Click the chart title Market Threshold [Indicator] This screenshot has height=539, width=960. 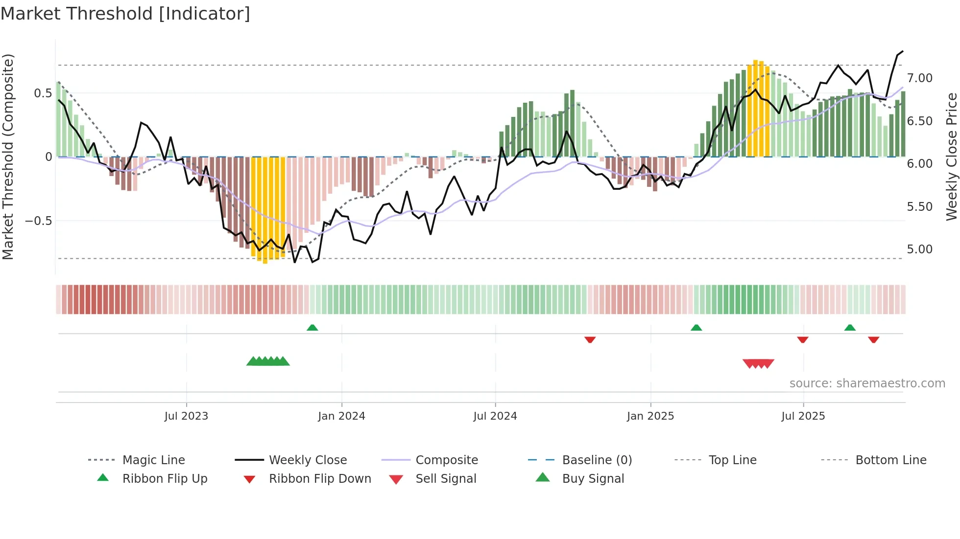pos(125,14)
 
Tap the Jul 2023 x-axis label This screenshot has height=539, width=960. pos(186,416)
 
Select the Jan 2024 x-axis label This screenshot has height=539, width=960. pos(341,416)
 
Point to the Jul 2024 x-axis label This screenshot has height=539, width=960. pos(495,416)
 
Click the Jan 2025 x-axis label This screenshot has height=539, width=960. pos(650,416)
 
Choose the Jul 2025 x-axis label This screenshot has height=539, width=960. pos(803,416)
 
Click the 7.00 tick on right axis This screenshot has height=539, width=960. pos(919,78)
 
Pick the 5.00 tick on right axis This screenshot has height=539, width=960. pos(919,249)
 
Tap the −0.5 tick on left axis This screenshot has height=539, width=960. pos(38,221)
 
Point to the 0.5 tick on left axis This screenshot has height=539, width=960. pos(43,93)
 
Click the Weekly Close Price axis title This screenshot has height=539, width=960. pos(951,157)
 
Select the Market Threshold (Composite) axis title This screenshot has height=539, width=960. pos(8,157)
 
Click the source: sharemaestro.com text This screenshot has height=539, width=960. pos(867,383)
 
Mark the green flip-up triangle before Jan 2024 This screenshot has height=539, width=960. pos(312,328)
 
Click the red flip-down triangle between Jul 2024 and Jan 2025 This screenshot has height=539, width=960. pos(590,339)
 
